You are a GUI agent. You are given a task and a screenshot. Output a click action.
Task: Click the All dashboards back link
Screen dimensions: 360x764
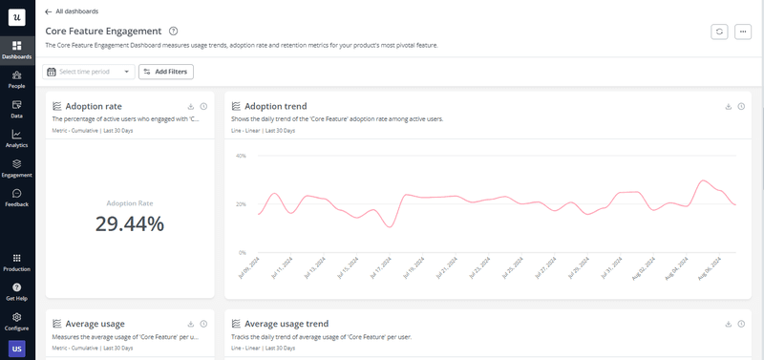coord(74,11)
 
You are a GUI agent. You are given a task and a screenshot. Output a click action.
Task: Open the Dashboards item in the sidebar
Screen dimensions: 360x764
coord(17,50)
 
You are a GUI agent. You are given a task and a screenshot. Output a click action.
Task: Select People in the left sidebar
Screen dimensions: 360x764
coord(17,79)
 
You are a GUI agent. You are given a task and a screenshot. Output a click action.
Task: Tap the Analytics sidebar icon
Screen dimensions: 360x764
coord(17,138)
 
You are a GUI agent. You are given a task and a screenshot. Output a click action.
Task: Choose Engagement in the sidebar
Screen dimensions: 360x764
coord(17,168)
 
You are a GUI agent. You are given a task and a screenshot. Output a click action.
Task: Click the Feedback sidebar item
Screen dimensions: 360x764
coord(17,198)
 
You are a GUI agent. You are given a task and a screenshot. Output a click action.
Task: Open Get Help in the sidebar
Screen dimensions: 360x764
coord(17,292)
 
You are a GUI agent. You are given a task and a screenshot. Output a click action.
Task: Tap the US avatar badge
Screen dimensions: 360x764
coord(17,348)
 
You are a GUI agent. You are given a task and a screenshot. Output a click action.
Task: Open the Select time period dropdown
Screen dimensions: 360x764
coord(88,72)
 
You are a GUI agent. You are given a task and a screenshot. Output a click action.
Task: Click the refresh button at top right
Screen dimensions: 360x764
coord(719,32)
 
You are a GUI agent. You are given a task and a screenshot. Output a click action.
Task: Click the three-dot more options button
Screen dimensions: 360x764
coord(743,32)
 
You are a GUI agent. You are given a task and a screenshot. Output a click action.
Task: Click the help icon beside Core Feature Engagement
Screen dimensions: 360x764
coord(172,32)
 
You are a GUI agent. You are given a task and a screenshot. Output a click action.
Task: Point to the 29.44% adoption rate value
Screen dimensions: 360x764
coord(130,223)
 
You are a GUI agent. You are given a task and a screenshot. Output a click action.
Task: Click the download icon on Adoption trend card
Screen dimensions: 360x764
coord(729,106)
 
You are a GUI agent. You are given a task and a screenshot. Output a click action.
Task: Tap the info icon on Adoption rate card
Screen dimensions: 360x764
coord(203,106)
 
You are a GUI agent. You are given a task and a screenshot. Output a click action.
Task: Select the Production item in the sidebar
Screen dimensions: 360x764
coord(17,263)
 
